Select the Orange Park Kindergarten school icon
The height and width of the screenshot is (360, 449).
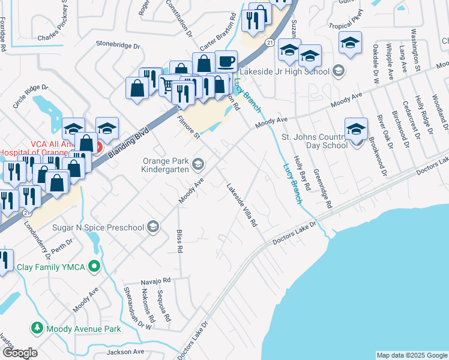tap(198, 164)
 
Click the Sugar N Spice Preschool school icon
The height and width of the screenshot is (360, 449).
tap(153, 227)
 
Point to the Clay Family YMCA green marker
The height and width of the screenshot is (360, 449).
tap(93, 266)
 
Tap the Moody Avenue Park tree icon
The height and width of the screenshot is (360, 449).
tap(37, 328)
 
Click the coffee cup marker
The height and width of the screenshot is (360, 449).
tap(226, 61)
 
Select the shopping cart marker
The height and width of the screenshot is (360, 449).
tap(169, 85)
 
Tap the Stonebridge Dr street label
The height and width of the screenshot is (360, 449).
tap(118, 45)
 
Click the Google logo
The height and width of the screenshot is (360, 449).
tap(19, 353)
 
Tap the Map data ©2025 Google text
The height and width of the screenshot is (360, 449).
tap(411, 355)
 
